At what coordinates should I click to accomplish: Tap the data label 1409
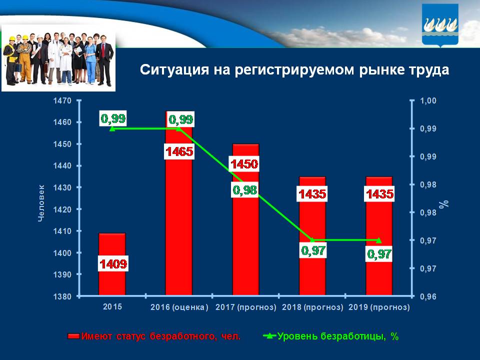(x=112, y=263)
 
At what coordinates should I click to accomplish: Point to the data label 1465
(x=179, y=151)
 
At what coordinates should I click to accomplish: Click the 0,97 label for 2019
(x=379, y=254)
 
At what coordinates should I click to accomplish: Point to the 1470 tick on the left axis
(x=63, y=100)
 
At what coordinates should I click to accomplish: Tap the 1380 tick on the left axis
(x=63, y=296)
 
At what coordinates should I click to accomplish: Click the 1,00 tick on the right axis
(x=428, y=100)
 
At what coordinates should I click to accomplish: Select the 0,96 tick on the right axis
(x=428, y=296)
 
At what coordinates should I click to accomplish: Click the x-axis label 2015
(x=112, y=307)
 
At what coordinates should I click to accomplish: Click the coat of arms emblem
(x=440, y=24)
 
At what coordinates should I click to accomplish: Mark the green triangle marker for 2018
(x=312, y=240)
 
